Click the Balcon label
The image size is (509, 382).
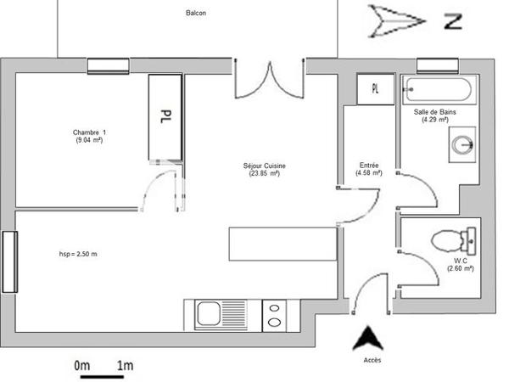pos(196,14)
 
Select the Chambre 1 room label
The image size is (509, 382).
pos(89,135)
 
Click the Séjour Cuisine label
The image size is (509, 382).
pos(264,169)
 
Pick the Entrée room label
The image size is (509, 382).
pos(369,169)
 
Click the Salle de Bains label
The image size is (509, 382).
pos(434,115)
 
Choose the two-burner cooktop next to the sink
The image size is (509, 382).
pos(276,315)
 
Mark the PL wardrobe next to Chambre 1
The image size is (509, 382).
pos(165,115)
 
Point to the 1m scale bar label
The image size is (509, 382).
pos(126,366)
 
